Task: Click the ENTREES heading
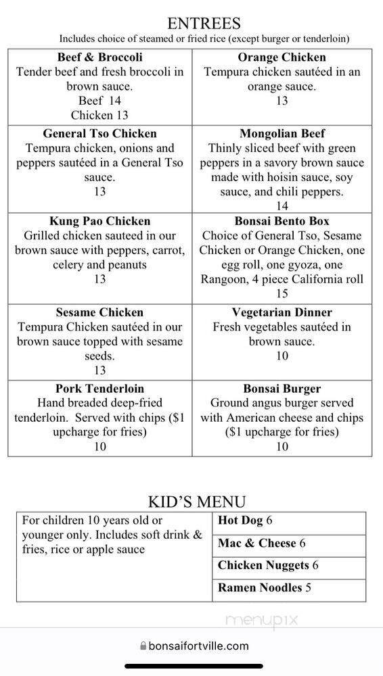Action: pos(204,24)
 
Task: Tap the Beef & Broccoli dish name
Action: pos(100,57)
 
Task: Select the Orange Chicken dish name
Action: pos(281,57)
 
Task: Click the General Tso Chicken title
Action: pos(100,133)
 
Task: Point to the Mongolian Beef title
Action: pos(281,133)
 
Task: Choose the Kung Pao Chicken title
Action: pos(100,221)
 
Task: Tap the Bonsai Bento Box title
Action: pos(281,221)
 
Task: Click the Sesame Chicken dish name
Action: pos(100,312)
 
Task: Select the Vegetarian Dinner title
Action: pos(281,312)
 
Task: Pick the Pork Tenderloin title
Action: pos(100,389)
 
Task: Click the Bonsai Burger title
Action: pos(281,389)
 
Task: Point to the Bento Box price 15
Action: pos(281,294)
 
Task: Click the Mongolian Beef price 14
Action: pos(281,206)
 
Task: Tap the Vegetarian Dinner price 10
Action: pos(281,356)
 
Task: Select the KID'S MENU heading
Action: pos(197,502)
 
